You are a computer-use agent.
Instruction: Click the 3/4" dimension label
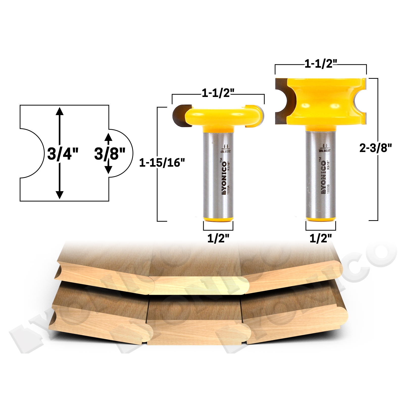[63, 154]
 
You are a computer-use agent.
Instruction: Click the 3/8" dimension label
[110, 154]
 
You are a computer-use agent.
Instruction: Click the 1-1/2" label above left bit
[217, 94]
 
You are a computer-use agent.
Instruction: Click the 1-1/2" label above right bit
[320, 64]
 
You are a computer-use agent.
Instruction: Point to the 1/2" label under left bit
[218, 238]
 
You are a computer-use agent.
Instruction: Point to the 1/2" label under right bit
[321, 238]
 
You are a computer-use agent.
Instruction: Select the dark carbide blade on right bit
[283, 101]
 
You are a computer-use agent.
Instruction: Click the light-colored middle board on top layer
[199, 285]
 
